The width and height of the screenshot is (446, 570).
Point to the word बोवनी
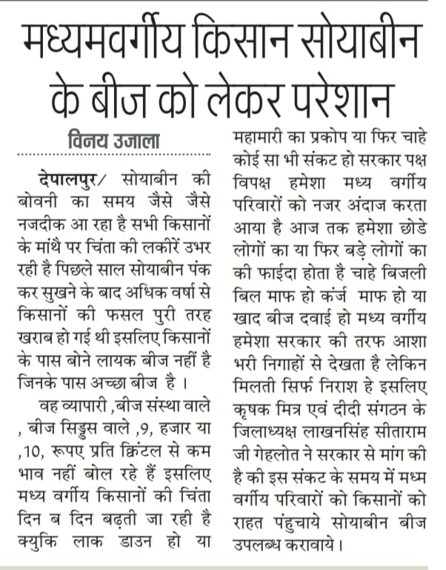tap(40, 201)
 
